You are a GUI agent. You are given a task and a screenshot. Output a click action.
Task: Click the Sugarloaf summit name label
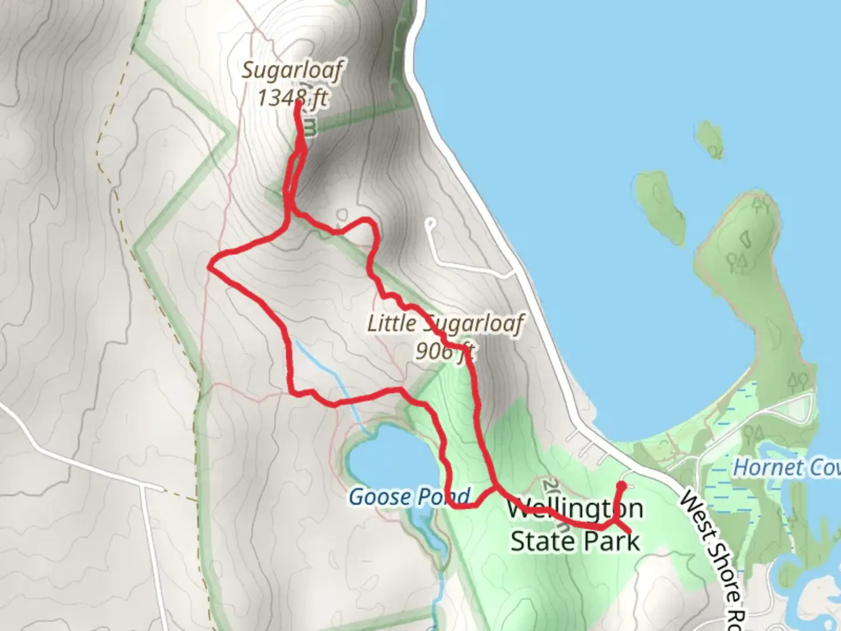point(292,71)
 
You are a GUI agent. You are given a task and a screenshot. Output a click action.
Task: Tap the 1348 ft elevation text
point(292,98)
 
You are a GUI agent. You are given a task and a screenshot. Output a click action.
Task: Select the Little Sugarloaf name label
point(445,323)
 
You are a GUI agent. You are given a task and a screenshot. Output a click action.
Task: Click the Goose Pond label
point(409,497)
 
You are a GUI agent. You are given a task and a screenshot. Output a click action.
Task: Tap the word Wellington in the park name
point(575,509)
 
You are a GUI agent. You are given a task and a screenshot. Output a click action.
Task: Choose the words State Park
point(575,541)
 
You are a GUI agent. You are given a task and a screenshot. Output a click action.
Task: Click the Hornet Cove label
point(786,467)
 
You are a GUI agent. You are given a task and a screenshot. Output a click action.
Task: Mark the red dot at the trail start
point(621,486)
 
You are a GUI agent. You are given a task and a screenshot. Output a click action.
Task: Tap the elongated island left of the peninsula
point(661,204)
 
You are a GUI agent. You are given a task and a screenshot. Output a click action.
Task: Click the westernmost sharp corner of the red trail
point(210,268)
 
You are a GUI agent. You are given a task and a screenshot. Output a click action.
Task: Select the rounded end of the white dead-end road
point(431,223)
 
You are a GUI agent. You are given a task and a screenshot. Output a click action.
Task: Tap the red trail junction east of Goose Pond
point(496,487)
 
